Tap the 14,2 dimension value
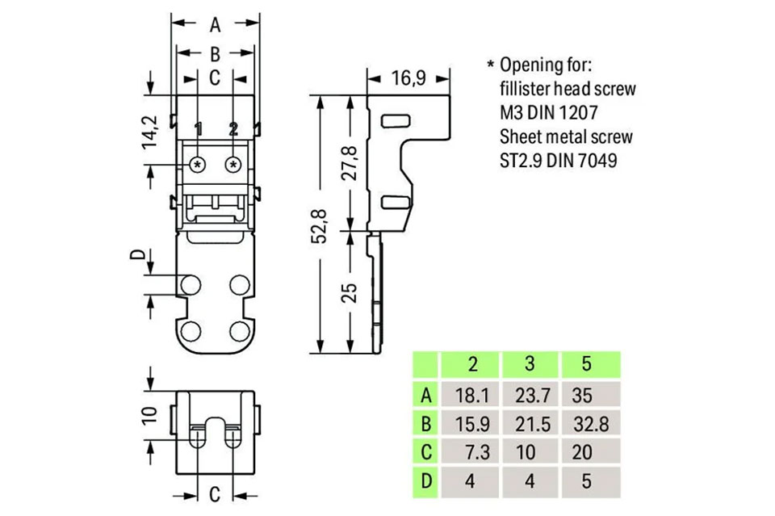click(149, 132)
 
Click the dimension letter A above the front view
click(215, 25)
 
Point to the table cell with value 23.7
click(530, 395)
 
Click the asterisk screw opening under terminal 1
click(198, 165)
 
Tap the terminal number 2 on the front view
click(233, 129)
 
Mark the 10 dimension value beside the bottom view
click(149, 415)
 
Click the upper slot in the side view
click(396, 121)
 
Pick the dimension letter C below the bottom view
click(216, 493)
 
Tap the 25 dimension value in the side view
click(350, 292)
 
